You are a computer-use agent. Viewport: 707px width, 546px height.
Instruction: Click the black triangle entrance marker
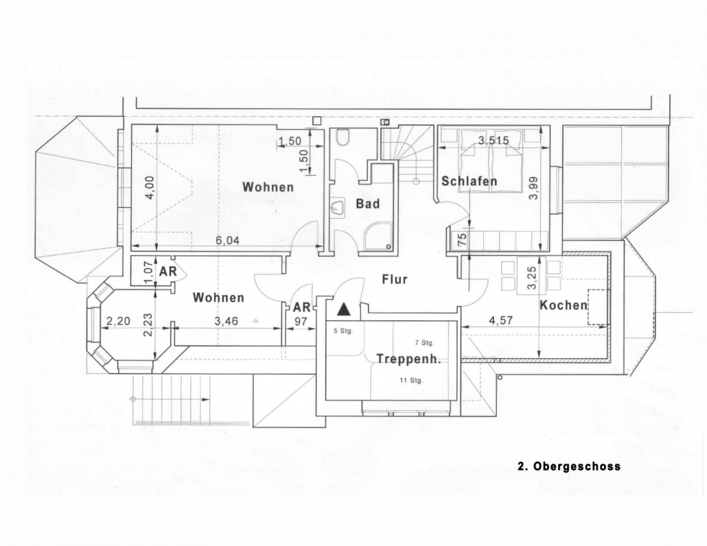344,309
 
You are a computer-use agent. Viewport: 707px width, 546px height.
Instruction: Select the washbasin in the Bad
336,208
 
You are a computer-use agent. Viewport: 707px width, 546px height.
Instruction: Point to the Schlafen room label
469,181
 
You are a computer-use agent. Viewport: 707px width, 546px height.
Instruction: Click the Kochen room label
564,305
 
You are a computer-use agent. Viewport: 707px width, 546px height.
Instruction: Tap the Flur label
395,279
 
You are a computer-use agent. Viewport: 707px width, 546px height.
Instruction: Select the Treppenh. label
408,359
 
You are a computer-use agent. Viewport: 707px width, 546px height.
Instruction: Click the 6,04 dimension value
227,240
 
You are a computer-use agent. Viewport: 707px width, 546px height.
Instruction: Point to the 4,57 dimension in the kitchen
501,320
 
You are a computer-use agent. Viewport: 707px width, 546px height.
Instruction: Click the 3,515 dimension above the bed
494,140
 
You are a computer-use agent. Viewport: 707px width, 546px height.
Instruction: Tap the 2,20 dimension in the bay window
117,321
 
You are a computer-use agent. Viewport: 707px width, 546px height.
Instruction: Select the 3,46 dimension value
226,321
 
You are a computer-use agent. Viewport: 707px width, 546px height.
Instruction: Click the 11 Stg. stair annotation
410,380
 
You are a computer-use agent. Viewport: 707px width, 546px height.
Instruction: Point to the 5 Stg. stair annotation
343,331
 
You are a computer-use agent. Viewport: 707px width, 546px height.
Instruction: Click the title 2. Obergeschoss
569,466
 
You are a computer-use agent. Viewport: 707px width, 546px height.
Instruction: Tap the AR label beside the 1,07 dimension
167,271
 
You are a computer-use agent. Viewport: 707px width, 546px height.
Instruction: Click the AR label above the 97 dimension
301,307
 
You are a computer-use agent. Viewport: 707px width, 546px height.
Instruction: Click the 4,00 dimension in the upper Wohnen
150,187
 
